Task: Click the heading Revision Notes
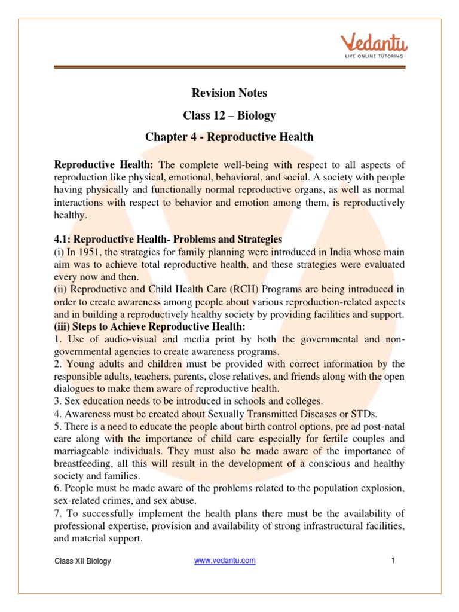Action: click(x=229, y=93)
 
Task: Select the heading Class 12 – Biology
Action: click(x=229, y=115)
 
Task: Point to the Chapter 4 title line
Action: click(x=229, y=137)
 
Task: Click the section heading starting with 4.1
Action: click(x=168, y=240)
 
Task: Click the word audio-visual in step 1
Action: click(x=120, y=339)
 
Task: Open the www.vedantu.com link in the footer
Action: click(x=225, y=561)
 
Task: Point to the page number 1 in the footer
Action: click(x=393, y=561)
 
